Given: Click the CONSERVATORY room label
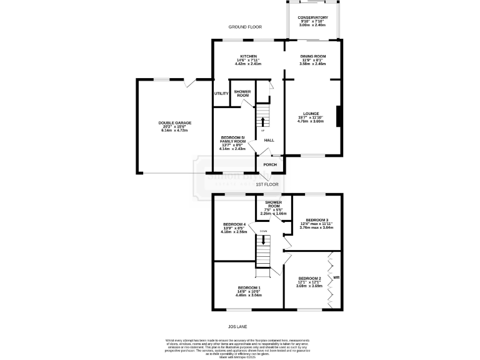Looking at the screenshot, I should click(312, 18).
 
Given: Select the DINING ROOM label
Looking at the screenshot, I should click(312, 56).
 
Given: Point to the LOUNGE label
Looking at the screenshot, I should click(311, 114).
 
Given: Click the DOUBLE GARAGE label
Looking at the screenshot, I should click(175, 123).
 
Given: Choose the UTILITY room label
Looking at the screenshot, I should click(221, 94).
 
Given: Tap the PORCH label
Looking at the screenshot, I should click(270, 165).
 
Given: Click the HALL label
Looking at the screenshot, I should click(269, 140).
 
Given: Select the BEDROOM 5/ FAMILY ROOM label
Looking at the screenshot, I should click(234, 140).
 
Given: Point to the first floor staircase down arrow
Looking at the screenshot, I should click(263, 239).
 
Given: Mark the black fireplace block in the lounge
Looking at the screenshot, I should click(338, 116).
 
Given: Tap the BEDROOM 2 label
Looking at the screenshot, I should click(309, 278).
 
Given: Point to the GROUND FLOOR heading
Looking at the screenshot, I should click(244, 27).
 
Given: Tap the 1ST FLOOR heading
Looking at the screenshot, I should click(267, 184).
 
